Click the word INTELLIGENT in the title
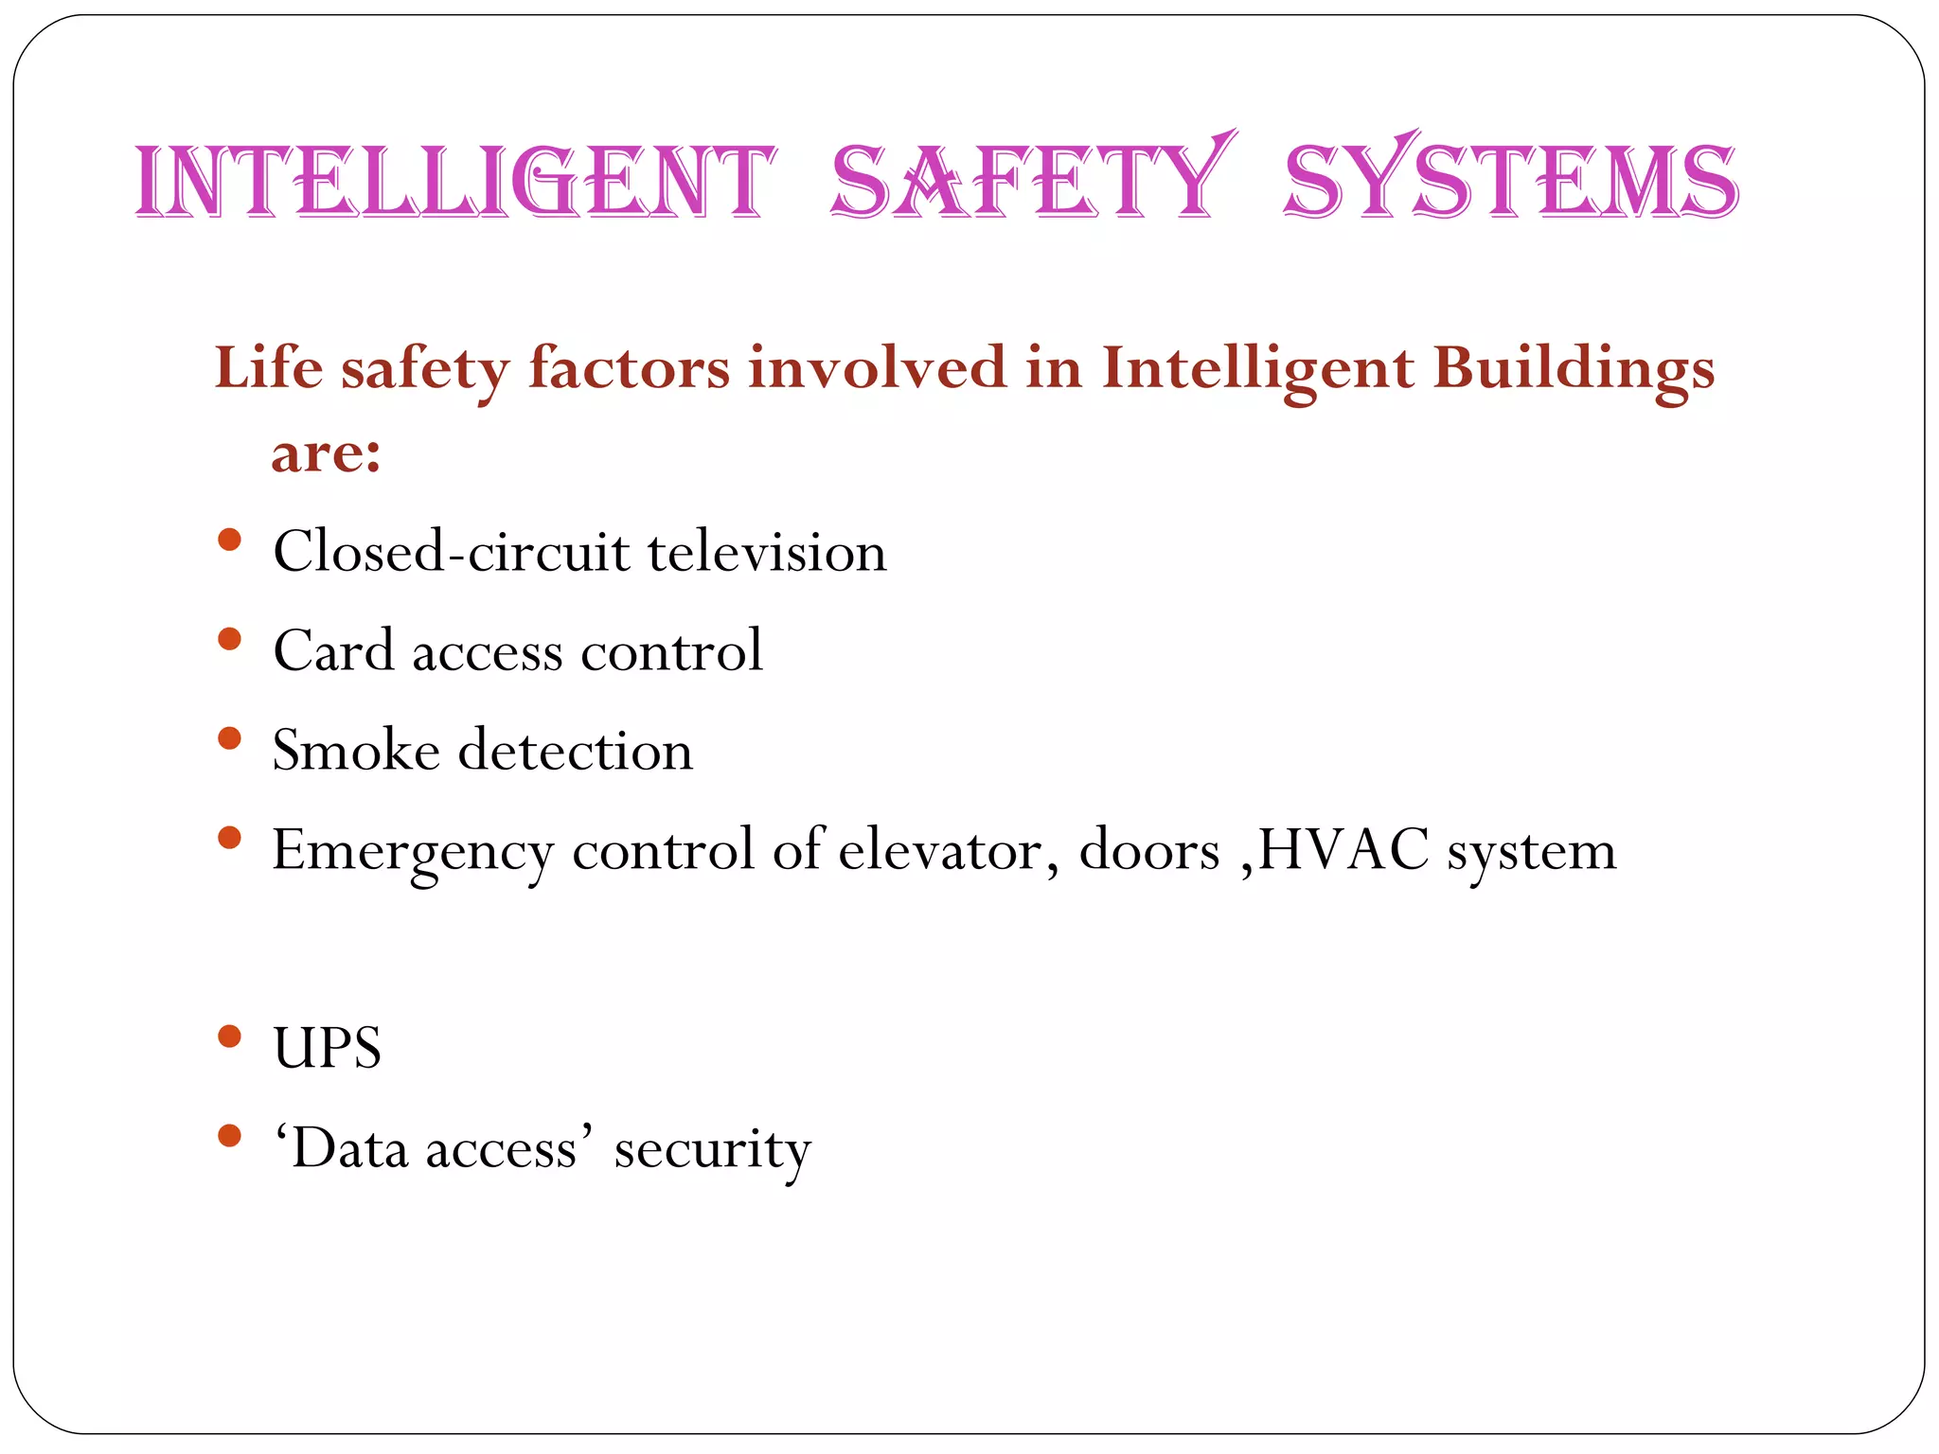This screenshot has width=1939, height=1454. pos(455,182)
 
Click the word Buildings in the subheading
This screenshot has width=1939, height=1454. pos(1573,369)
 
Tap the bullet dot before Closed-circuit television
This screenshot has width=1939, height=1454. pos(229,541)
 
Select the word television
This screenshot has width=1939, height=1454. pos(767,552)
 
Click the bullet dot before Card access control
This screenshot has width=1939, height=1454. pos(229,640)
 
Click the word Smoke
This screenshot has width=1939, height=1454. pos(356,751)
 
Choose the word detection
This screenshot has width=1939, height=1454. pos(576,751)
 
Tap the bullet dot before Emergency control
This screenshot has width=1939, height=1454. pos(229,838)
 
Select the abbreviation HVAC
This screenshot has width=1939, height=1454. pos(1343,849)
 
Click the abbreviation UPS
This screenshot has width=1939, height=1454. pos(328,1049)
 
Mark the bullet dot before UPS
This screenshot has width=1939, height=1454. pos(229,1037)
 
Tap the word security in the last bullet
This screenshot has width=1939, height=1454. pos(712,1150)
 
